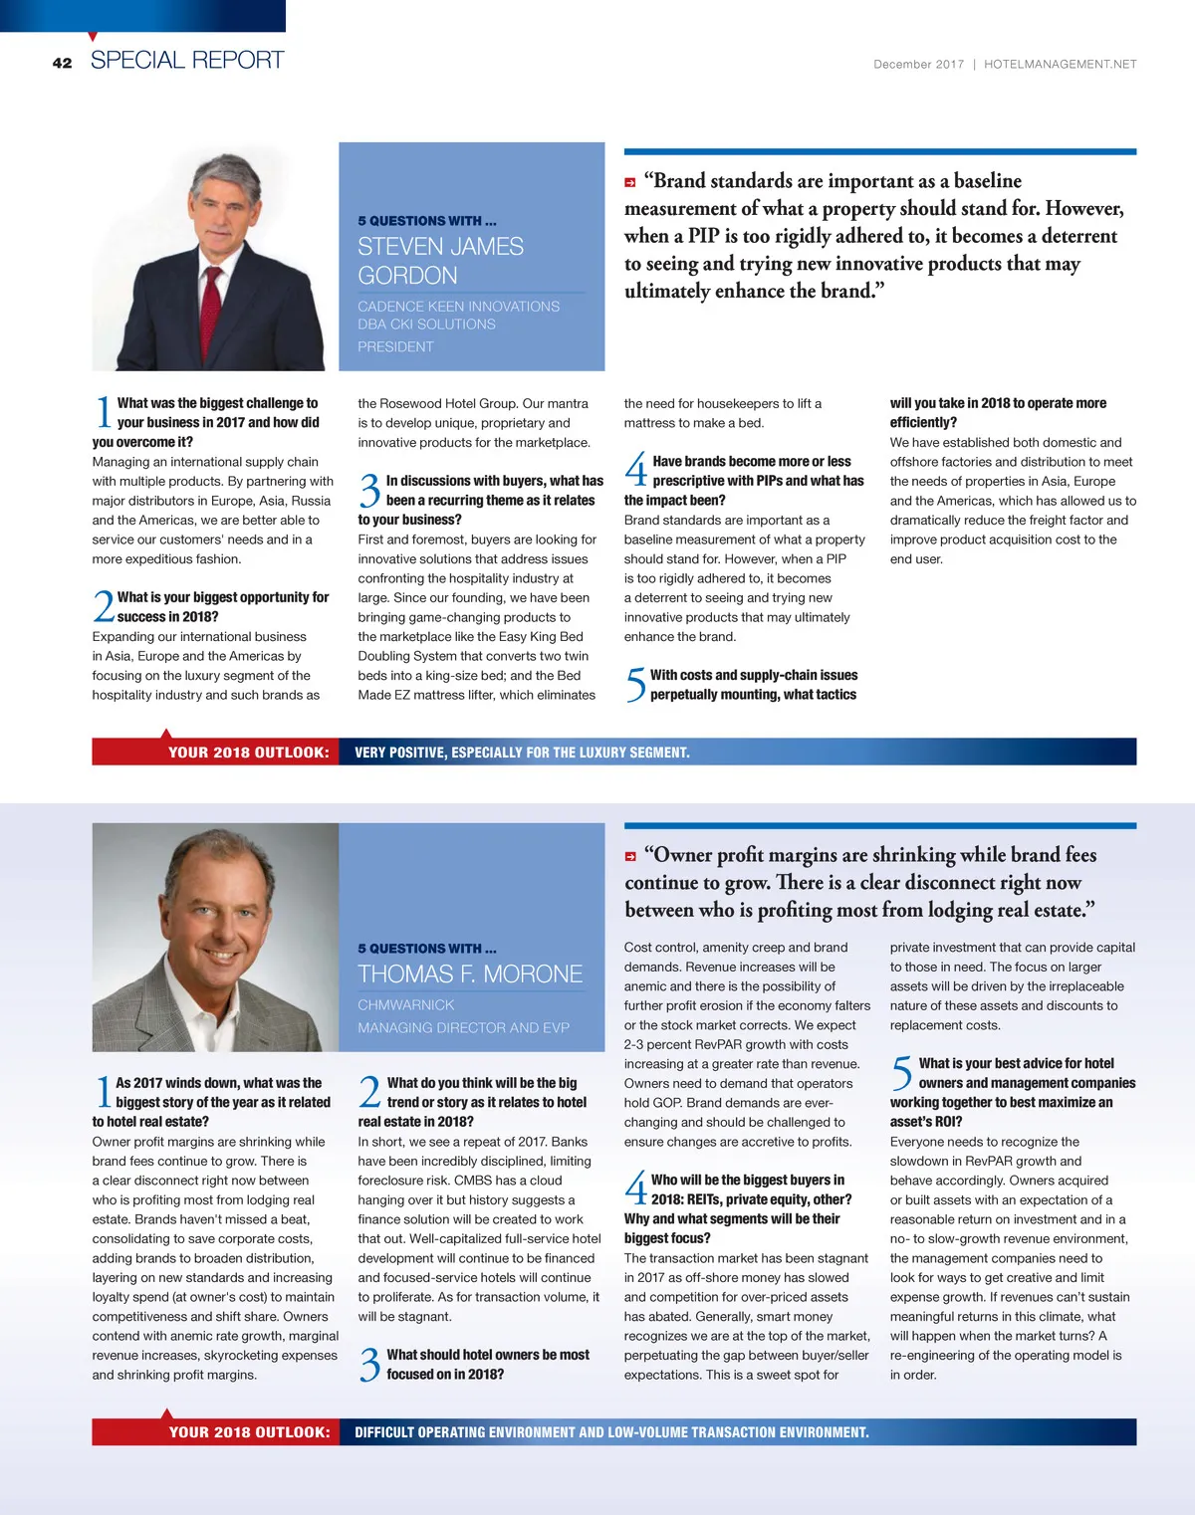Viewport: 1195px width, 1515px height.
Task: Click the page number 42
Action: point(62,63)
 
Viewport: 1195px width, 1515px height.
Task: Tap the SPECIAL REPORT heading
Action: point(187,60)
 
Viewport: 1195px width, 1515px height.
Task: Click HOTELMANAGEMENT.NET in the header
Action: point(1060,64)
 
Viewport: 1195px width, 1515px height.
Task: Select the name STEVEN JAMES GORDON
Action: point(440,261)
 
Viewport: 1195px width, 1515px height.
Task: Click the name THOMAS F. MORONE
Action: point(470,974)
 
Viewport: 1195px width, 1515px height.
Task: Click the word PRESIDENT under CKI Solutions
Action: point(395,346)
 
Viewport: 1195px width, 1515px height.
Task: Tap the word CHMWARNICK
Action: point(405,1005)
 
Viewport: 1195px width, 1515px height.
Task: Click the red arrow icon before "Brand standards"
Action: point(630,182)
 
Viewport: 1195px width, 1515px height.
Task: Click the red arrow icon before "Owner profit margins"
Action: point(630,856)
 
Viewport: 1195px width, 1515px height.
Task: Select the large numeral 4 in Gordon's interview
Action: point(635,471)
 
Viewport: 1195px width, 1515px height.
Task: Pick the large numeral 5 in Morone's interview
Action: point(901,1073)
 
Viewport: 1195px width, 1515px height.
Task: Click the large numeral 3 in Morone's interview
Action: point(369,1365)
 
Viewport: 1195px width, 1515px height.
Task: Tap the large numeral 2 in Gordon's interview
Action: point(103,607)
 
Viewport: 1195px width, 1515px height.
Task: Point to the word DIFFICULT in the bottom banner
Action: point(383,1432)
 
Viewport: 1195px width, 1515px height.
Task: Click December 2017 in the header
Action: point(918,64)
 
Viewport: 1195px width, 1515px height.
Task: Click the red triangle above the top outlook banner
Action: point(167,734)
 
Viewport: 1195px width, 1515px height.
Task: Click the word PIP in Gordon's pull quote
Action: point(703,236)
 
